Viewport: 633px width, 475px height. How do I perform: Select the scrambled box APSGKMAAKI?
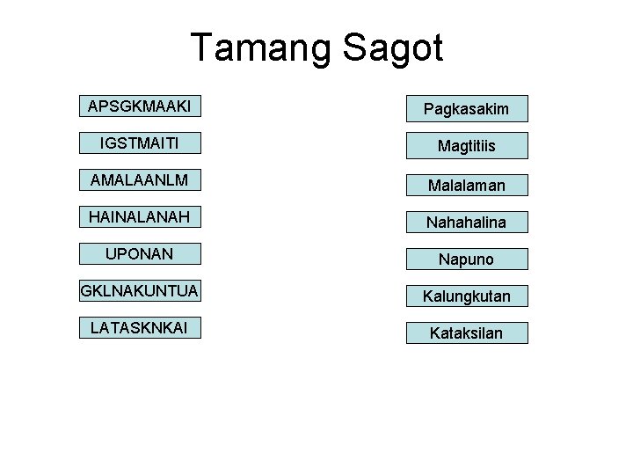tap(140, 106)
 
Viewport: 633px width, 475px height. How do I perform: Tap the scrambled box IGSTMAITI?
tap(140, 142)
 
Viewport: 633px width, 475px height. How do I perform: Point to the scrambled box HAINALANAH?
tap(140, 216)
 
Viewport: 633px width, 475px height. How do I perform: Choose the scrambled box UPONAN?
tap(140, 253)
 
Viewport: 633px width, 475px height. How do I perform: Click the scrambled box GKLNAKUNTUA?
tap(140, 290)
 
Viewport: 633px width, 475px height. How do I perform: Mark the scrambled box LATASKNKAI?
tap(140, 327)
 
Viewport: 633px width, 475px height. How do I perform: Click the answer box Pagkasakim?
tap(466, 108)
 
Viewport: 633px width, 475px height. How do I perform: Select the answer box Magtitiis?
tap(466, 145)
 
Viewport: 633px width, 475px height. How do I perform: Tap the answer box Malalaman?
tap(466, 184)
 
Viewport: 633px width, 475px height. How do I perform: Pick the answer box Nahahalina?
tap(466, 222)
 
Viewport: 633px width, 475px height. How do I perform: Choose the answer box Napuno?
tap(466, 259)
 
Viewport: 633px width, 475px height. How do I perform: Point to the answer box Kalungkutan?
tap(466, 296)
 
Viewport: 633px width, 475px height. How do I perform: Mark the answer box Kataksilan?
tap(466, 333)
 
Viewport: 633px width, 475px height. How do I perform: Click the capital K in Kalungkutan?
tap(428, 296)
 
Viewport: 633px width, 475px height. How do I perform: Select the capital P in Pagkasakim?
tap(429, 109)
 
